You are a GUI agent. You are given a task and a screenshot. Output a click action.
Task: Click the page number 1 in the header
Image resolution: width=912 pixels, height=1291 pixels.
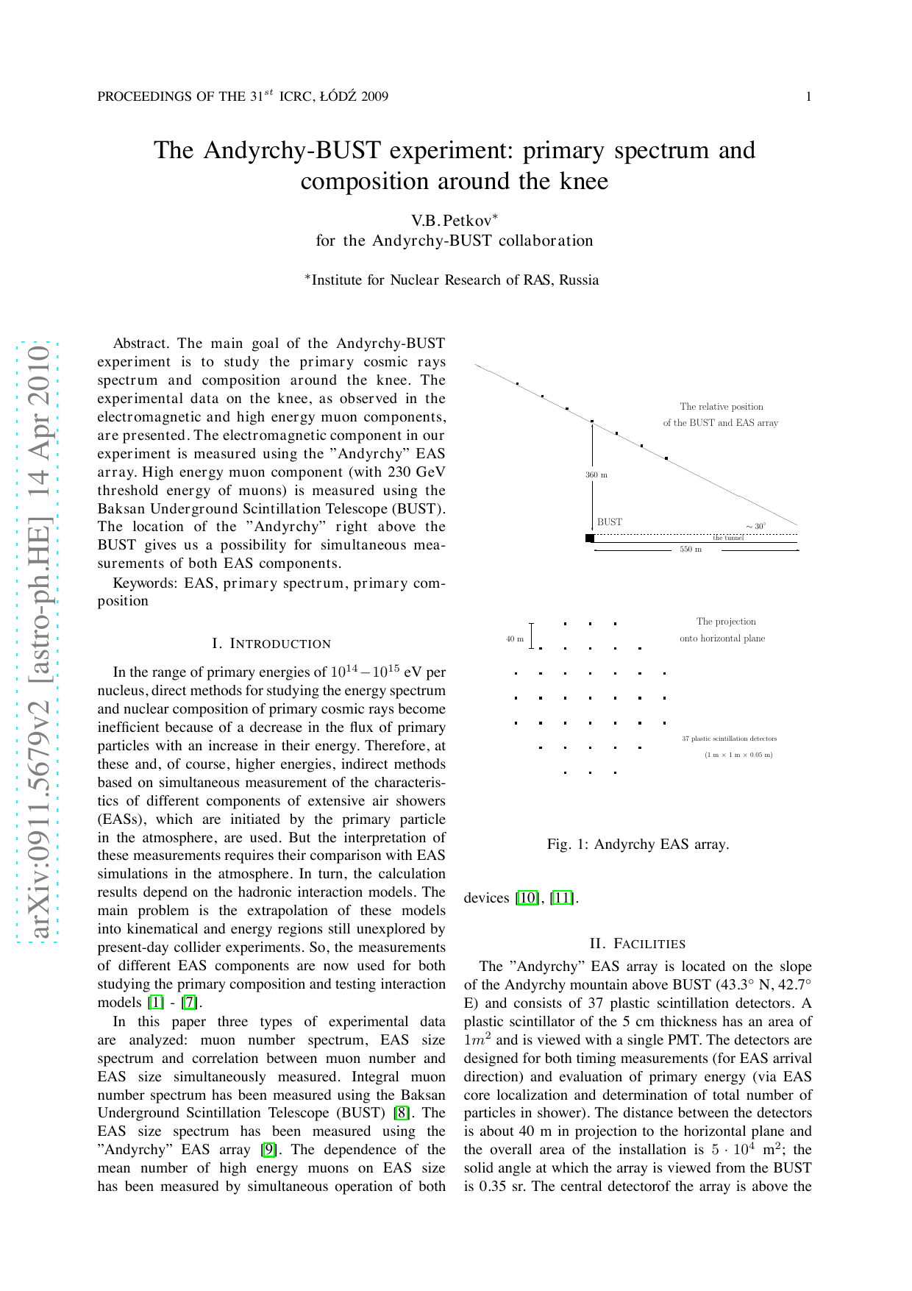click(x=809, y=96)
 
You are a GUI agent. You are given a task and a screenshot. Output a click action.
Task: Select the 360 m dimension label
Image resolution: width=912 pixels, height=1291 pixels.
click(x=596, y=475)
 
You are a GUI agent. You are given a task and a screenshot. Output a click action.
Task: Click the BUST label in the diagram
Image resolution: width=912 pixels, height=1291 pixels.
click(x=610, y=522)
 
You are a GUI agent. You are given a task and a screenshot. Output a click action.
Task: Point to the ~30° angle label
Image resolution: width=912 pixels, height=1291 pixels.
click(x=755, y=527)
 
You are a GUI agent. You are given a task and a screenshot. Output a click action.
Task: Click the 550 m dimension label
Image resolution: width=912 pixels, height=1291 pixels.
click(x=691, y=550)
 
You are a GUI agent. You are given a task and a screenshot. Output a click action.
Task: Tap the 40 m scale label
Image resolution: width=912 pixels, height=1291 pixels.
click(x=515, y=639)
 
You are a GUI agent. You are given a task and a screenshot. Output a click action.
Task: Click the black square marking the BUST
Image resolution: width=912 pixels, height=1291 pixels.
click(x=590, y=538)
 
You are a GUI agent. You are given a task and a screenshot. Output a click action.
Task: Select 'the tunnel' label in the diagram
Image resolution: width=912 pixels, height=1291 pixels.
click(x=728, y=538)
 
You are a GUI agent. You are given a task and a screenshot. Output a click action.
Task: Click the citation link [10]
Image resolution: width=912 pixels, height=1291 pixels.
click(x=527, y=898)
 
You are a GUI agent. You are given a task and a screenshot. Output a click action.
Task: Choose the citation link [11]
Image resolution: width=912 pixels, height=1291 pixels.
click(x=562, y=898)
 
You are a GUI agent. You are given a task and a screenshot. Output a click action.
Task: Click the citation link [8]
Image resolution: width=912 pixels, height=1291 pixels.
click(x=402, y=1113)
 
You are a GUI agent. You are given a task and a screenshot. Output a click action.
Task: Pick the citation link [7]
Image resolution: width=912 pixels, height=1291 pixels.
click(x=190, y=1003)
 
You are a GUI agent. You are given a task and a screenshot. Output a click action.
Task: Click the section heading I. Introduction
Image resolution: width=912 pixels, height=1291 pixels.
click(x=271, y=644)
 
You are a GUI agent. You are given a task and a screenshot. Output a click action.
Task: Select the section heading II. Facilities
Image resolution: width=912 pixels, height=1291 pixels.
click(x=638, y=944)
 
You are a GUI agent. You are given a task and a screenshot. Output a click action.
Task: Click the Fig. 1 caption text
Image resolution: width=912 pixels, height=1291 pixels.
click(x=638, y=844)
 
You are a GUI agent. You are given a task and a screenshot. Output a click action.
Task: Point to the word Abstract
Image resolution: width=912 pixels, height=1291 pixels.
click(x=141, y=344)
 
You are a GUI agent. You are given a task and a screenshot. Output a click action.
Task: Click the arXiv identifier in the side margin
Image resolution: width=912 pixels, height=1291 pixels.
click(x=39, y=640)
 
